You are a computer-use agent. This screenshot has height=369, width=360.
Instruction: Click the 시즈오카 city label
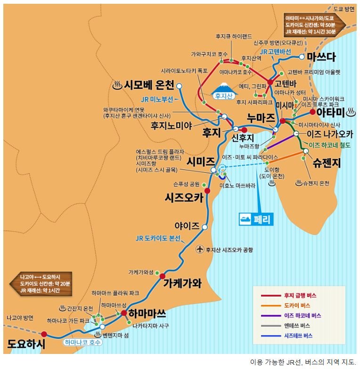tap(184, 198)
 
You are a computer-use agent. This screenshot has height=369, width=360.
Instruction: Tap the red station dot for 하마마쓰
tap(123, 313)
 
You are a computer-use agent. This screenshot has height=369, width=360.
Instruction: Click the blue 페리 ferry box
tap(256, 219)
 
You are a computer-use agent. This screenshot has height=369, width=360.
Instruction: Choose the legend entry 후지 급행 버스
tap(300, 296)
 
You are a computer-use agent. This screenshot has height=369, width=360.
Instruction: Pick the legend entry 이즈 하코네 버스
tap(303, 315)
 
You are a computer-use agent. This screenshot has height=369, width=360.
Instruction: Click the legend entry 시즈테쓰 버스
tap(298, 336)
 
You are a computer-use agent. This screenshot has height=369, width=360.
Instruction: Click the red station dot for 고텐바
tap(270, 82)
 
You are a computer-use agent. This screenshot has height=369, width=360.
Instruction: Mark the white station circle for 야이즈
tap(205, 227)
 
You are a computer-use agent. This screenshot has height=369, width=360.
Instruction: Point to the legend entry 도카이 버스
tap(296, 305)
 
